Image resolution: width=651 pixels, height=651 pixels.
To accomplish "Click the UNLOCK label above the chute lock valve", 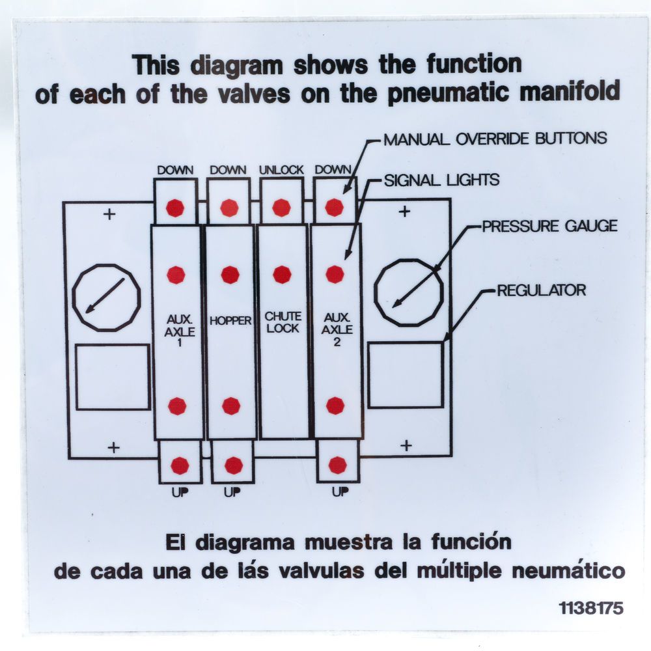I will click(x=281, y=170).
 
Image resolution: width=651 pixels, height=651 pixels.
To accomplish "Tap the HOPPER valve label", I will click(x=230, y=321).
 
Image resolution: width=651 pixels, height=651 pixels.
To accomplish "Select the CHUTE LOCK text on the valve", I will click(x=283, y=322).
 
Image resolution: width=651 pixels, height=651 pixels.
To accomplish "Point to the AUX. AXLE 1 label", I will click(x=176, y=329).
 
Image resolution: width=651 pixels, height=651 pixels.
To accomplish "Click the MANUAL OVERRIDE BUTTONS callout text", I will click(x=495, y=139).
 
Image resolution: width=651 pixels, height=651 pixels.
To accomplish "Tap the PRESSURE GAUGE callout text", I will click(x=549, y=227).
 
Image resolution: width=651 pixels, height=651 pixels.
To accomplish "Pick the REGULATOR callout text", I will click(x=541, y=290).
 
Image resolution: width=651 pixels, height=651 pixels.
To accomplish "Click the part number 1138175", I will click(x=590, y=608).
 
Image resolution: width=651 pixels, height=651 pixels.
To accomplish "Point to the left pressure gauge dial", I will click(x=106, y=298).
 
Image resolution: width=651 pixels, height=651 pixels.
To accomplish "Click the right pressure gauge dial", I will click(x=409, y=292).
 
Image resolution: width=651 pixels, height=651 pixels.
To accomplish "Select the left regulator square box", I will click(x=113, y=378).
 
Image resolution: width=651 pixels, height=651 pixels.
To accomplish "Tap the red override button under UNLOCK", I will click(x=281, y=208).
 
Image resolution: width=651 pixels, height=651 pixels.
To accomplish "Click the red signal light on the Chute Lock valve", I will click(x=282, y=275).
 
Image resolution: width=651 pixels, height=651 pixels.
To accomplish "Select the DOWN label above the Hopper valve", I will click(x=228, y=170).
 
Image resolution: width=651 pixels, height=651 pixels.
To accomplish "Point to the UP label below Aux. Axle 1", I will click(x=180, y=493).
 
